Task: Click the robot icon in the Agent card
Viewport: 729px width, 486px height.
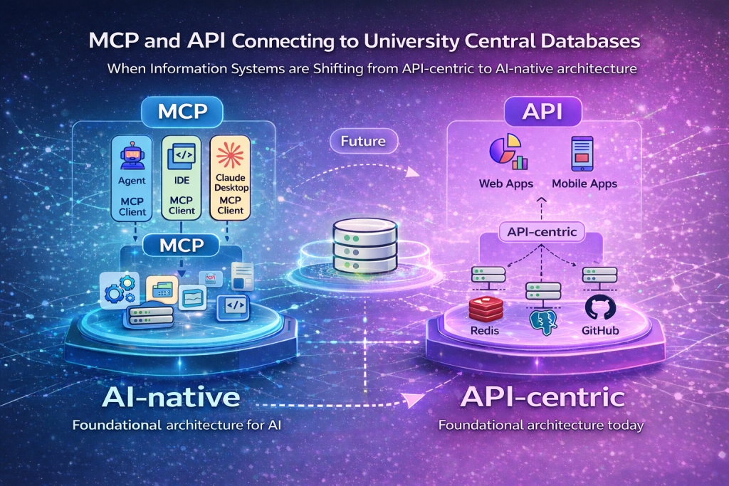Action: (132, 156)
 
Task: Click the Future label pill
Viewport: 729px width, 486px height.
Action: (362, 141)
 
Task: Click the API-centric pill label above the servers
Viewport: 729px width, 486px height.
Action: (541, 231)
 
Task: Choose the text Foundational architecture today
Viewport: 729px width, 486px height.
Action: (540, 426)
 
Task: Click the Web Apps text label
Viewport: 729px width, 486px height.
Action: (507, 184)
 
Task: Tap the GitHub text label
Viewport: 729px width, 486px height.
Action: (599, 331)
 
